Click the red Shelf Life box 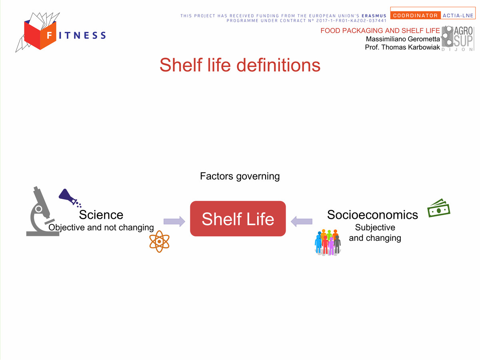238,218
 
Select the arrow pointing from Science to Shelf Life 174,222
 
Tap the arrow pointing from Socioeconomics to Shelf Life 301,222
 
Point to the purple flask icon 70,198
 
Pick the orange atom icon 160,242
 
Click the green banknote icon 439,208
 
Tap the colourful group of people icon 327,242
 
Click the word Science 101,215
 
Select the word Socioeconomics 372,215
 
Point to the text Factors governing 240,176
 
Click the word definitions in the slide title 278,65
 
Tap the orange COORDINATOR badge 415,16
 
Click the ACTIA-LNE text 458,16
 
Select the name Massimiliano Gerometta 403,39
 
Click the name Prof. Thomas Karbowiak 402,47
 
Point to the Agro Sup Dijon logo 458,39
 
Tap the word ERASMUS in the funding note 374,16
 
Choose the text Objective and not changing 101,228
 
